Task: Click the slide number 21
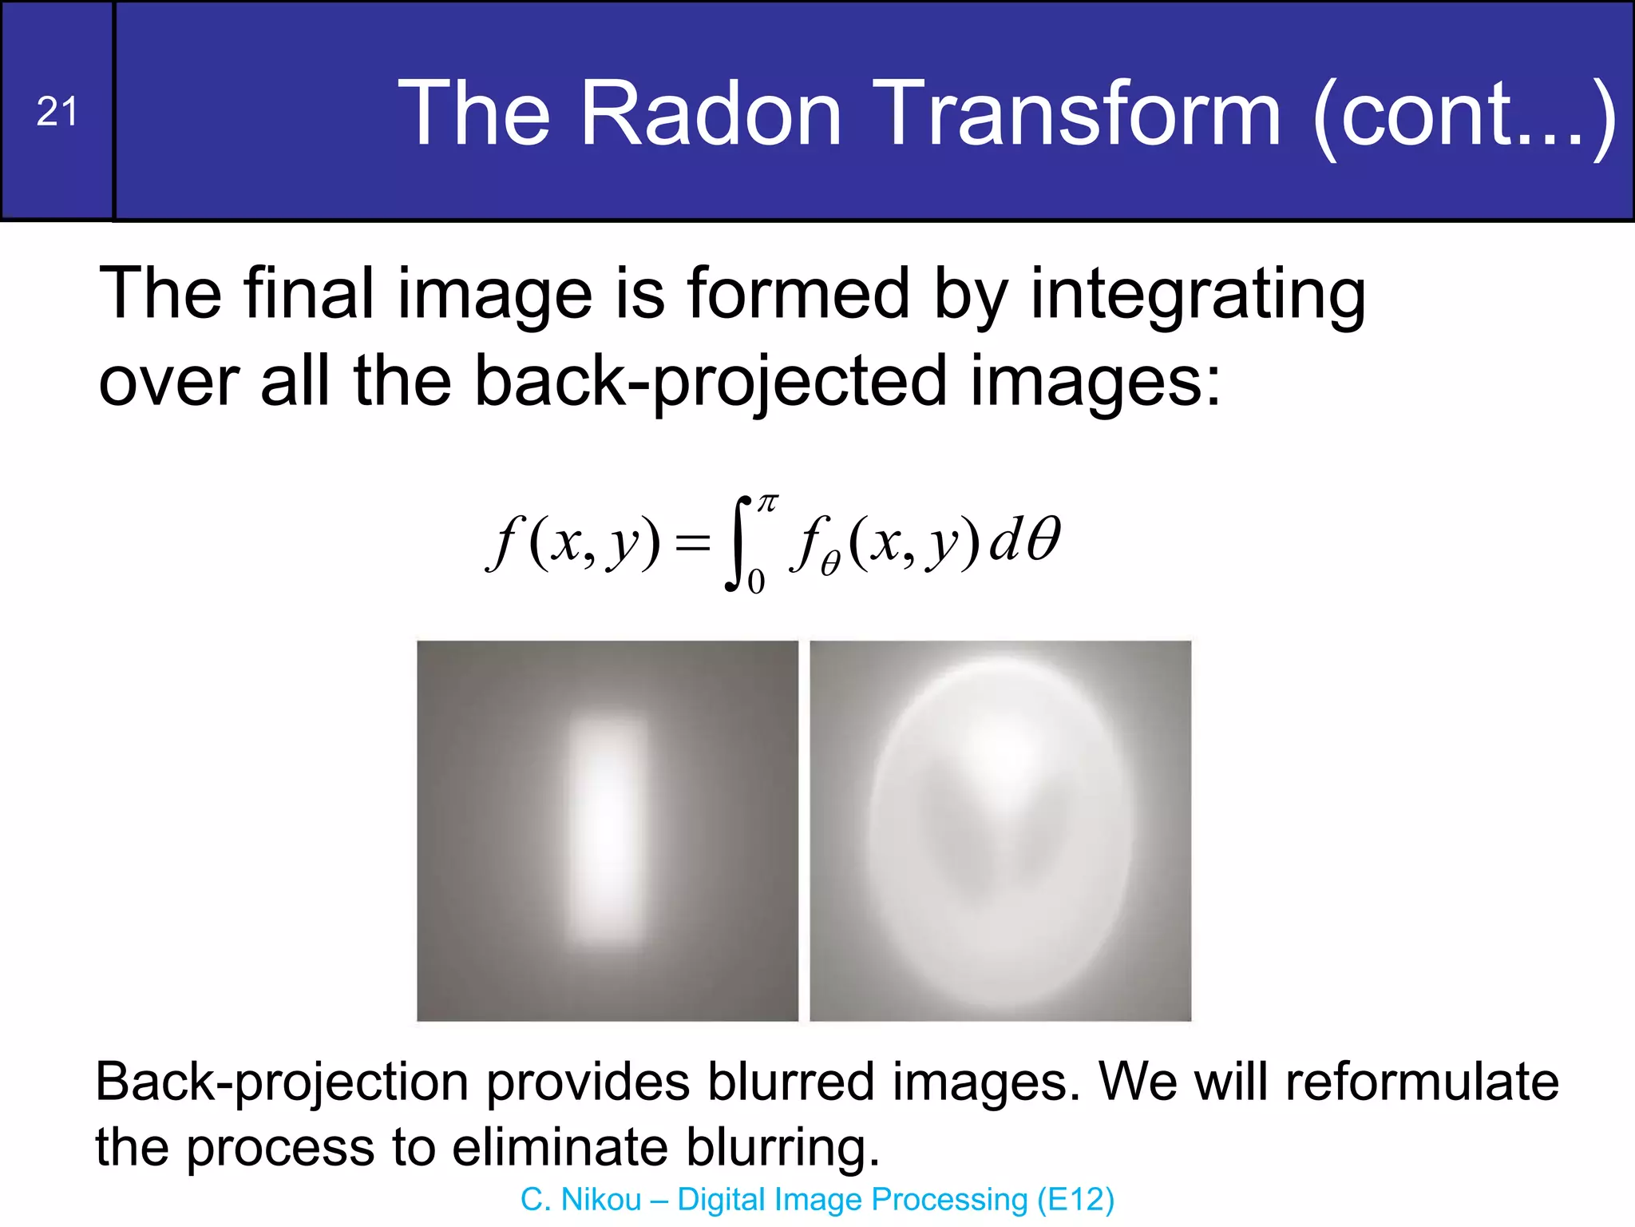[x=57, y=112]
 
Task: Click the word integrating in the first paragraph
[x=1198, y=296]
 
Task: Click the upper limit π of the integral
[x=767, y=503]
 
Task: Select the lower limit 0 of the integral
[x=756, y=582]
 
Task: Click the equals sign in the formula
[x=691, y=545]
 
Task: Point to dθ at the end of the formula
[x=1024, y=540]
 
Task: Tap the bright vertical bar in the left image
[x=607, y=831]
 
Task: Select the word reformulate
[x=1421, y=1082]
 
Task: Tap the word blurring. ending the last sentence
[x=782, y=1147]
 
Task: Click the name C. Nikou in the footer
[x=580, y=1200]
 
